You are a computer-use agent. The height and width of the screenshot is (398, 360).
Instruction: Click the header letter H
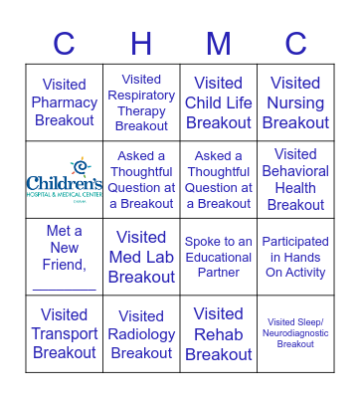point(141,44)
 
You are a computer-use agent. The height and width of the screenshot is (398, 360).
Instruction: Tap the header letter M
point(219,44)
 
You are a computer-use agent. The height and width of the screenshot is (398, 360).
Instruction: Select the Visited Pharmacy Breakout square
point(65,102)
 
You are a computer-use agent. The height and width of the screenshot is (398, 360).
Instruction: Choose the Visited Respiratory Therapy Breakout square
point(141,102)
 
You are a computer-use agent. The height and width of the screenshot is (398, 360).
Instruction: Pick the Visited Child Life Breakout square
point(219,102)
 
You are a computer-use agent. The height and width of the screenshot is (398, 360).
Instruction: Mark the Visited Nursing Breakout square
point(295,102)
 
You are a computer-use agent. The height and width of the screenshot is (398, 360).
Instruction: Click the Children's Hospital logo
point(65,179)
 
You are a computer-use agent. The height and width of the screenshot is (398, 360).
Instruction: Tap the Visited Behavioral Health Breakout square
point(295,179)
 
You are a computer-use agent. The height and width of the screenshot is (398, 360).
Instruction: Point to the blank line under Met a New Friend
point(65,288)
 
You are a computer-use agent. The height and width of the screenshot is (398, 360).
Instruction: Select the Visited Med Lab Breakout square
point(141,257)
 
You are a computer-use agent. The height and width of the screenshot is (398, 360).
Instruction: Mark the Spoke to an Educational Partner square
point(219,257)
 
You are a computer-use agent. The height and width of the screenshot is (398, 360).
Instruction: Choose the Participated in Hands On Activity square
point(295,257)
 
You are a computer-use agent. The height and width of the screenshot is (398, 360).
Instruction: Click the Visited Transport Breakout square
point(65,333)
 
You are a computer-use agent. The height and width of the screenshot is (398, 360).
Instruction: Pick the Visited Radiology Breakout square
point(141,333)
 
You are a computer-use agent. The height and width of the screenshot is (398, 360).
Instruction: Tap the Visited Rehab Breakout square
point(219,333)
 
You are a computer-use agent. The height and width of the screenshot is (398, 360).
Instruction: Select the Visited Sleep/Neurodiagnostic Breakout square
point(295,333)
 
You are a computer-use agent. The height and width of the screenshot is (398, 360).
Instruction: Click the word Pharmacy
point(65,102)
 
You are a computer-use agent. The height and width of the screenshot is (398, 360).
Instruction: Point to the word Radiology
point(141,334)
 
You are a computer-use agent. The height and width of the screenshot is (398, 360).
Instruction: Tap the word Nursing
point(295,102)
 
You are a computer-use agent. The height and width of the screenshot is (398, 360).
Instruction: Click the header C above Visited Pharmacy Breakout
point(65,44)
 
